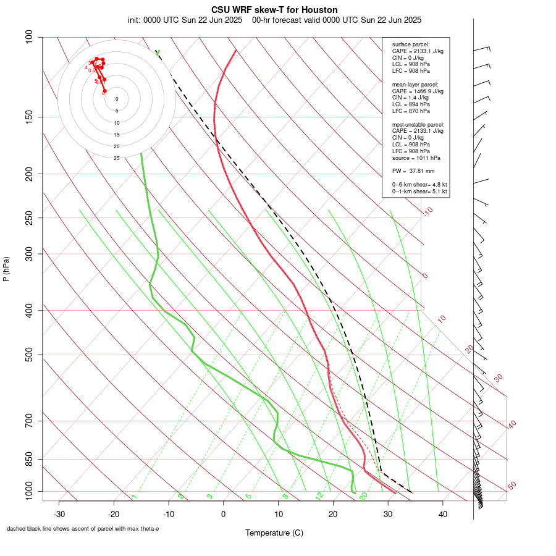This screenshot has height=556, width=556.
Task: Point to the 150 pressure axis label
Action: (28, 117)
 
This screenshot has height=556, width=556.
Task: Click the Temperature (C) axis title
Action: (274, 533)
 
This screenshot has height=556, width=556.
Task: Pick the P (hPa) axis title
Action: (6, 269)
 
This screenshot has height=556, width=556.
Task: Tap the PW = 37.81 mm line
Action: (413, 171)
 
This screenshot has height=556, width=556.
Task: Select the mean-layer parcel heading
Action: (415, 84)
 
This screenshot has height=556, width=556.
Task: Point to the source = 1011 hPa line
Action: (416, 158)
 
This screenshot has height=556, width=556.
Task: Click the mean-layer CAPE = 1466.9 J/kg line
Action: (418, 91)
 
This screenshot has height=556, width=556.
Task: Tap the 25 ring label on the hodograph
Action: (117, 158)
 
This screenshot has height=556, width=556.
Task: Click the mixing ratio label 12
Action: (319, 496)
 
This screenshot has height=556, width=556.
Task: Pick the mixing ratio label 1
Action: (134, 497)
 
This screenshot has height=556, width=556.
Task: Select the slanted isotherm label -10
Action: (428, 212)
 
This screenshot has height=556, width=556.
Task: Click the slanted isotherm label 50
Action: (512, 486)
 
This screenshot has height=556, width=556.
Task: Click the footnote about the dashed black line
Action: (83, 529)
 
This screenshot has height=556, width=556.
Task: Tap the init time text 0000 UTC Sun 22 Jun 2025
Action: (192, 20)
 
